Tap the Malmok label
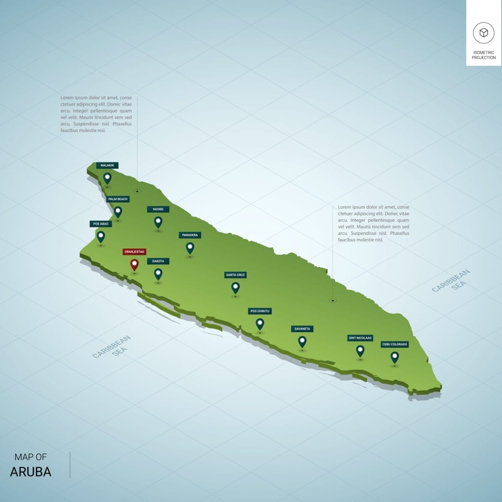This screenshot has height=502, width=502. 107,165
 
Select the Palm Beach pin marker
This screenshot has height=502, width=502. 118,212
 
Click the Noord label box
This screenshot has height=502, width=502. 158,209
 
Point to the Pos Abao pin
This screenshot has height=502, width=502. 101,236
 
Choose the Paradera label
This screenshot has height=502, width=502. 190,235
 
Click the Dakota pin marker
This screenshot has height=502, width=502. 158,273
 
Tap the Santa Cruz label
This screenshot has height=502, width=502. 235,275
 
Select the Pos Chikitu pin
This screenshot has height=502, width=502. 260,324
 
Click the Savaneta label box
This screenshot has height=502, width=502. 302,329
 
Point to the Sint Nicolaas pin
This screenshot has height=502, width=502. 360,351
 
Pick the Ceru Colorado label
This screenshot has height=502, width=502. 395,344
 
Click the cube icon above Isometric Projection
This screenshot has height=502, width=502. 484,33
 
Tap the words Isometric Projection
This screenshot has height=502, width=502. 484,55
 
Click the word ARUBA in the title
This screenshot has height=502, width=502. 30,472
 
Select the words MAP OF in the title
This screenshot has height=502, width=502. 30,457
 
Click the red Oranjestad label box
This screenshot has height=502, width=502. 134,252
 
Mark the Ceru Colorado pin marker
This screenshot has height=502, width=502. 395,357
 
